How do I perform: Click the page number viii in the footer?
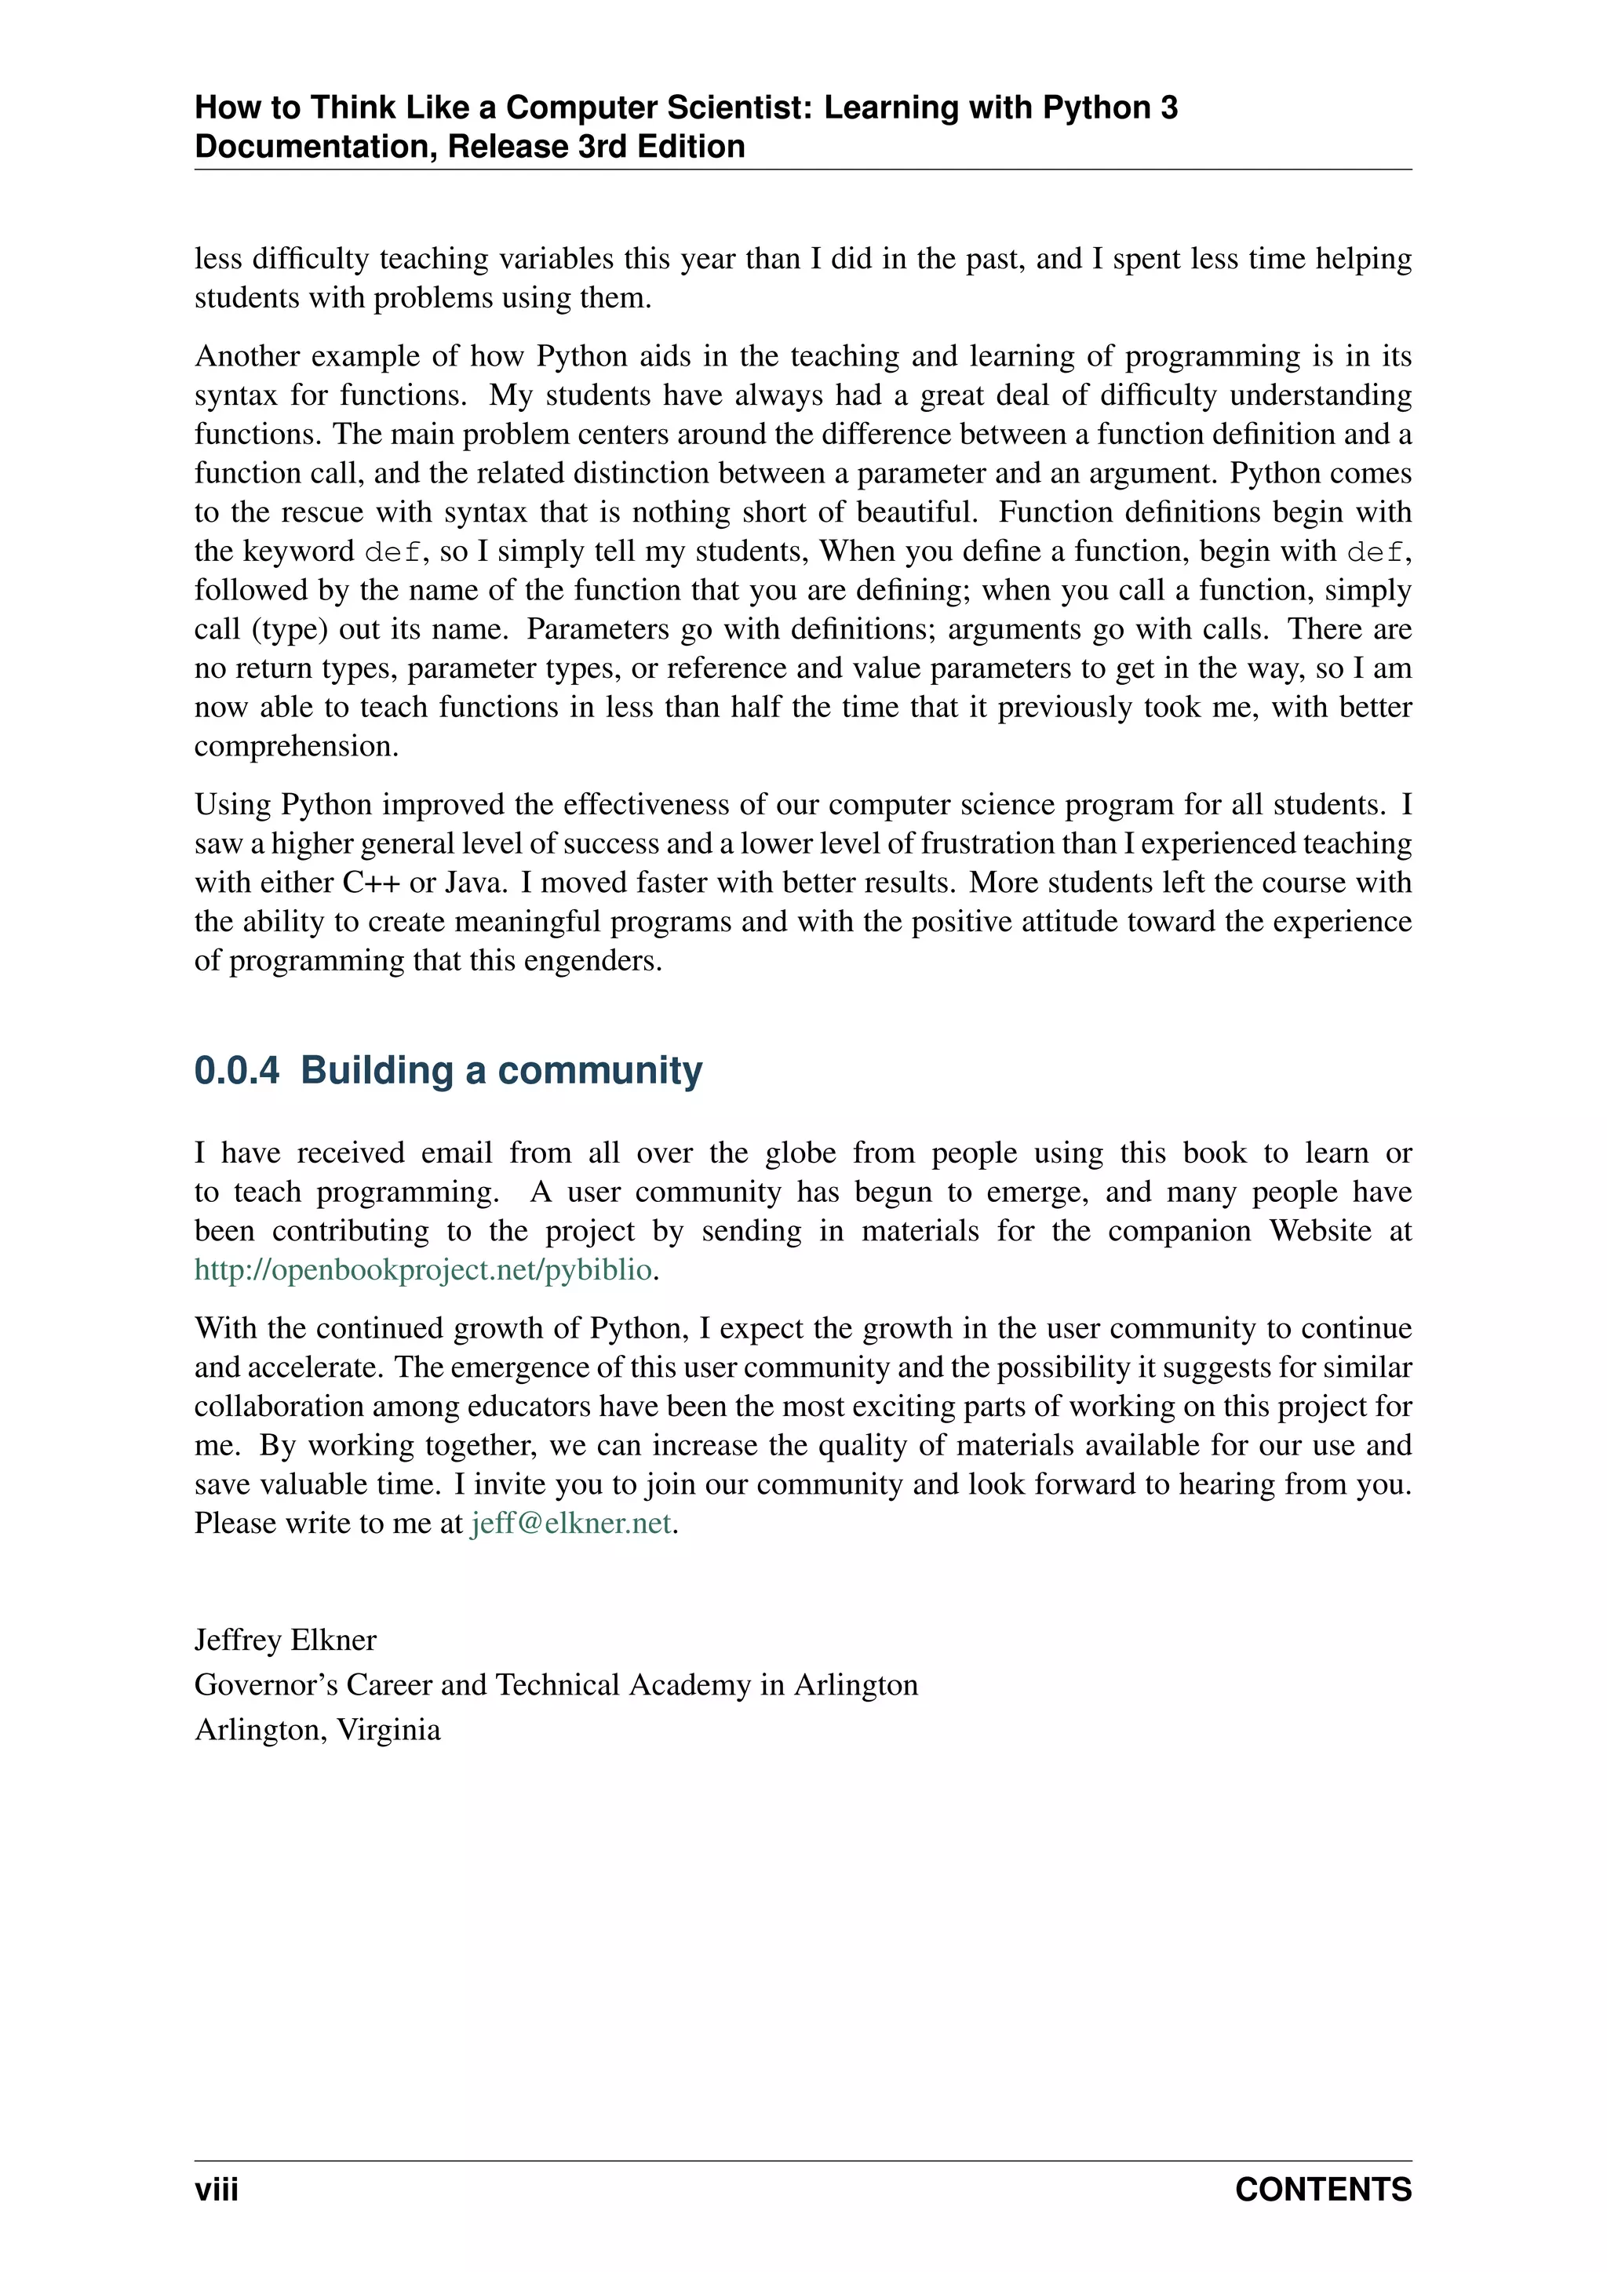(x=216, y=2189)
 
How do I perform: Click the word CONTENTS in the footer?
(x=1322, y=2189)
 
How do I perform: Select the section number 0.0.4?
(x=236, y=1071)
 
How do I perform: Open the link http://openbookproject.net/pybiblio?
(x=424, y=1269)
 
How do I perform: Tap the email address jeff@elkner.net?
(x=571, y=1523)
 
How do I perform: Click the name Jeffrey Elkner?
(x=285, y=1640)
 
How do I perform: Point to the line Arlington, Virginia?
(x=318, y=1729)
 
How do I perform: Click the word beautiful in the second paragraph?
(x=916, y=512)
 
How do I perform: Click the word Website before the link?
(x=1320, y=1231)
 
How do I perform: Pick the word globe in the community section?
(x=800, y=1152)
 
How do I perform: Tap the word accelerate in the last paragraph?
(x=315, y=1367)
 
